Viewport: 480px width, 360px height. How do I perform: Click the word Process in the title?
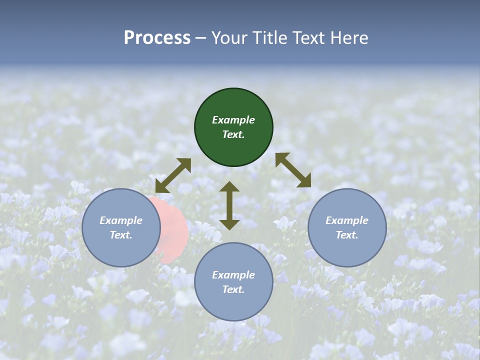pyautogui.click(x=157, y=38)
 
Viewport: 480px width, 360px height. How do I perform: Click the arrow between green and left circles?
pyautogui.click(x=173, y=175)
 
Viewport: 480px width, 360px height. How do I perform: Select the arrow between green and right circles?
pyautogui.click(x=293, y=170)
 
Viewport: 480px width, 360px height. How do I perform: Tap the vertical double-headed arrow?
pyautogui.click(x=229, y=205)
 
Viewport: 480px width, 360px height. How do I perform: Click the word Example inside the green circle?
pyautogui.click(x=233, y=120)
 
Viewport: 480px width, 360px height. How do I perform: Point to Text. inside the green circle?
pyautogui.click(x=233, y=134)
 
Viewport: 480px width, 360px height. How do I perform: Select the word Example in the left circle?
pyautogui.click(x=121, y=220)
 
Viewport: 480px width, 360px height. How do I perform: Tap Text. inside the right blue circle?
pyautogui.click(x=347, y=235)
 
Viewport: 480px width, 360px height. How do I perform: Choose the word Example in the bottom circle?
pyautogui.click(x=233, y=275)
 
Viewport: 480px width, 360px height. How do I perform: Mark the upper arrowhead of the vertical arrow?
pyautogui.click(x=229, y=187)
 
